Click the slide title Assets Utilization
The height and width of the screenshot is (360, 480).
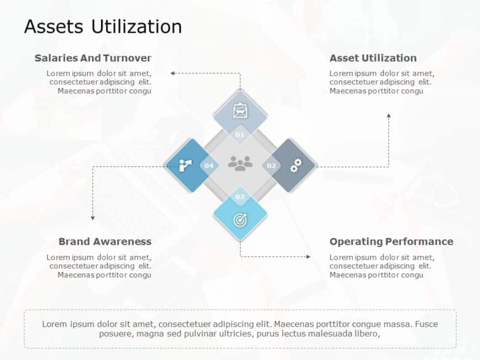(x=103, y=26)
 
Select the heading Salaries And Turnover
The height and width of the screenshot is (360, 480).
(x=93, y=58)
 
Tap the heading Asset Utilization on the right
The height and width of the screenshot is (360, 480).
(x=373, y=58)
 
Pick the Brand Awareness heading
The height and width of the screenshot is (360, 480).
(x=105, y=241)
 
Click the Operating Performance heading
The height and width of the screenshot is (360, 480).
(x=391, y=241)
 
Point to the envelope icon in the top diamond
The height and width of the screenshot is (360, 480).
(x=240, y=111)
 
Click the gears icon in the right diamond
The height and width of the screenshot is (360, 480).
(x=296, y=165)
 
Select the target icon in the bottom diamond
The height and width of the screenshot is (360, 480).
(x=240, y=219)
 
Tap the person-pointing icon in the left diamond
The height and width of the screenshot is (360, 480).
(x=186, y=165)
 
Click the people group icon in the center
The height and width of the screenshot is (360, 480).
(x=240, y=163)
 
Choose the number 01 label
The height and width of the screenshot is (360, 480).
(x=240, y=135)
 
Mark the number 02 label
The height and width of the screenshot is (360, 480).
(x=271, y=165)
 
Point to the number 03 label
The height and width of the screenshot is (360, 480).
(x=240, y=197)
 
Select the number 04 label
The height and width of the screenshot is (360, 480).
(x=209, y=165)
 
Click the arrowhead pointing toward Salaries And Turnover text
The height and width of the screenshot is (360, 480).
(x=172, y=73)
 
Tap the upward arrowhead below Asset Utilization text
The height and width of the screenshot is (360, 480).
(x=389, y=116)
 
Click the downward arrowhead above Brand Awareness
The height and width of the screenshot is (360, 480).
(x=93, y=218)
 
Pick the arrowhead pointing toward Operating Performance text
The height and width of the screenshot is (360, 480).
(x=308, y=256)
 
